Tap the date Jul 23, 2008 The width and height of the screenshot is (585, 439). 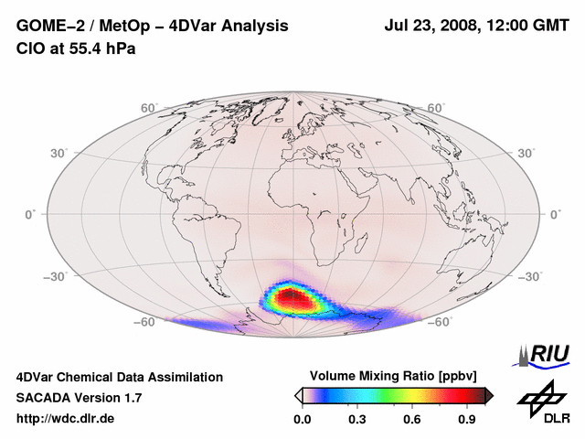tap(429, 27)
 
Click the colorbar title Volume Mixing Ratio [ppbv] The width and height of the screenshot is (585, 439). tap(394, 376)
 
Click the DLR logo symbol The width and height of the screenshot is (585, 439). tap(542, 399)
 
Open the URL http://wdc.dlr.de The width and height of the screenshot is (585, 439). tap(66, 419)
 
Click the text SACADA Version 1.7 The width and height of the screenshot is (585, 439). tap(79, 398)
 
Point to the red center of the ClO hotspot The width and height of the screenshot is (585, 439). tap(291, 296)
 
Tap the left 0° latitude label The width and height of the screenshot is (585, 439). tap(30, 214)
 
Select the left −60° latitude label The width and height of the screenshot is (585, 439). tap(145, 322)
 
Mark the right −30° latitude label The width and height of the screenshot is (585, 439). tap(530, 275)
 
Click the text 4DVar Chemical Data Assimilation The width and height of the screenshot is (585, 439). tap(119, 377)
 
